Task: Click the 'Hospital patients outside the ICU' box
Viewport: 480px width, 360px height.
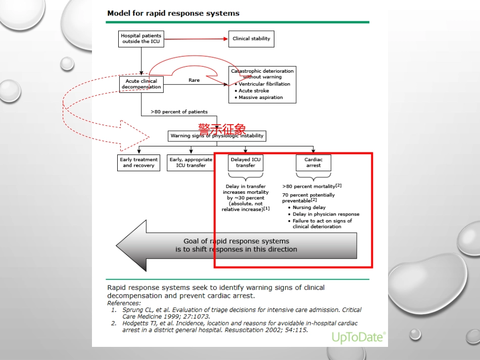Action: pos(141,38)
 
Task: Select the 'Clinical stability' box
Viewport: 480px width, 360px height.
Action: pos(251,39)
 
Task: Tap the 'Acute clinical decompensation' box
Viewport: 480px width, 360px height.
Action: pos(141,84)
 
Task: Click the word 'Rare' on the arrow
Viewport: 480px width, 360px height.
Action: pos(194,80)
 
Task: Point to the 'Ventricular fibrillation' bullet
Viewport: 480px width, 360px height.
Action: pos(264,84)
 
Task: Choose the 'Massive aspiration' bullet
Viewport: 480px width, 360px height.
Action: pos(261,97)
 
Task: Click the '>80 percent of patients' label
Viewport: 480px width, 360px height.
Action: pos(179,112)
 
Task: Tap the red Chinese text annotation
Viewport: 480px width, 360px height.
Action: pos(222,129)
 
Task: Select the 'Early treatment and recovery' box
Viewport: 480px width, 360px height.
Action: pos(139,163)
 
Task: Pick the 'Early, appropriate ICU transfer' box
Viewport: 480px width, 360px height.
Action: pos(191,163)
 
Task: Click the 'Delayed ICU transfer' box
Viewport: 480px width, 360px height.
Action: pos(246,163)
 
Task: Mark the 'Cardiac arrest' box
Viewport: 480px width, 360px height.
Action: pos(313,163)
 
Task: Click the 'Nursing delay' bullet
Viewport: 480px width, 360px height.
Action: pos(309,208)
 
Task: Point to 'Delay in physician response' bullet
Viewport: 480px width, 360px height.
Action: pos(326,214)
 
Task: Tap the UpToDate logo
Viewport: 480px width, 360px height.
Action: pos(358,337)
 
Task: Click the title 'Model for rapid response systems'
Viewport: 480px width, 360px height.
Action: pos(173,13)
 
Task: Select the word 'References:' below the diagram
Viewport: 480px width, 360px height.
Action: pos(124,303)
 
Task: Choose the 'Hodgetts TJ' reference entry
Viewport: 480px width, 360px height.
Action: pos(234,327)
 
